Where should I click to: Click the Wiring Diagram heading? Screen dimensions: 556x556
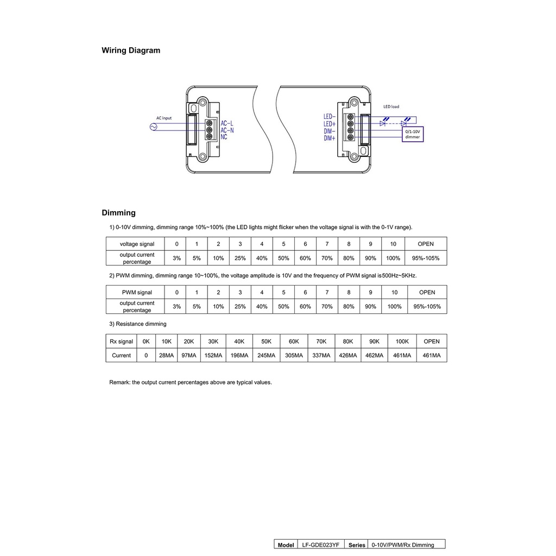[x=131, y=50]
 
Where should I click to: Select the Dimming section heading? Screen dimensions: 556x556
[x=118, y=213]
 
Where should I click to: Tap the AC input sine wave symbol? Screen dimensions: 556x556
[x=153, y=127]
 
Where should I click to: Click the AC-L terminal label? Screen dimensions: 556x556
[x=227, y=123]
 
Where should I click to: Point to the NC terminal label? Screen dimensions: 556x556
[x=224, y=137]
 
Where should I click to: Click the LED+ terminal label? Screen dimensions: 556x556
[x=330, y=124]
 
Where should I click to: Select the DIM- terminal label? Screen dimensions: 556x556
[x=330, y=131]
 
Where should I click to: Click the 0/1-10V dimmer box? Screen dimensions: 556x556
[x=412, y=134]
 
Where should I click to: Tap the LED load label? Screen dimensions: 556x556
[x=391, y=106]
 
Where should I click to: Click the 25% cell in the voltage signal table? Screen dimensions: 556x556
[x=240, y=258]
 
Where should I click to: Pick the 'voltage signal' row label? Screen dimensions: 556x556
[x=137, y=244]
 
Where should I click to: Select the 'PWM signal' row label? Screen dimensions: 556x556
[x=137, y=293]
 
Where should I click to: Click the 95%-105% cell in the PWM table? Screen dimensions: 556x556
[x=427, y=307]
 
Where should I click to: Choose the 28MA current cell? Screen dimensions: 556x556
[x=166, y=356]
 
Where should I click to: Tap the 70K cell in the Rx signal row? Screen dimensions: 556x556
[x=321, y=342]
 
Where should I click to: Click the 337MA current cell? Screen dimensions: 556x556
[x=321, y=356]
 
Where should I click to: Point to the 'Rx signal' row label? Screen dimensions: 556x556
[x=121, y=342]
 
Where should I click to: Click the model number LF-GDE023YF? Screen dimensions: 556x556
[x=320, y=545]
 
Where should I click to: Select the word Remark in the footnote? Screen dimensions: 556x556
[x=119, y=382]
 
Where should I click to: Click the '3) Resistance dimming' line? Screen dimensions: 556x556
[x=138, y=324]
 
